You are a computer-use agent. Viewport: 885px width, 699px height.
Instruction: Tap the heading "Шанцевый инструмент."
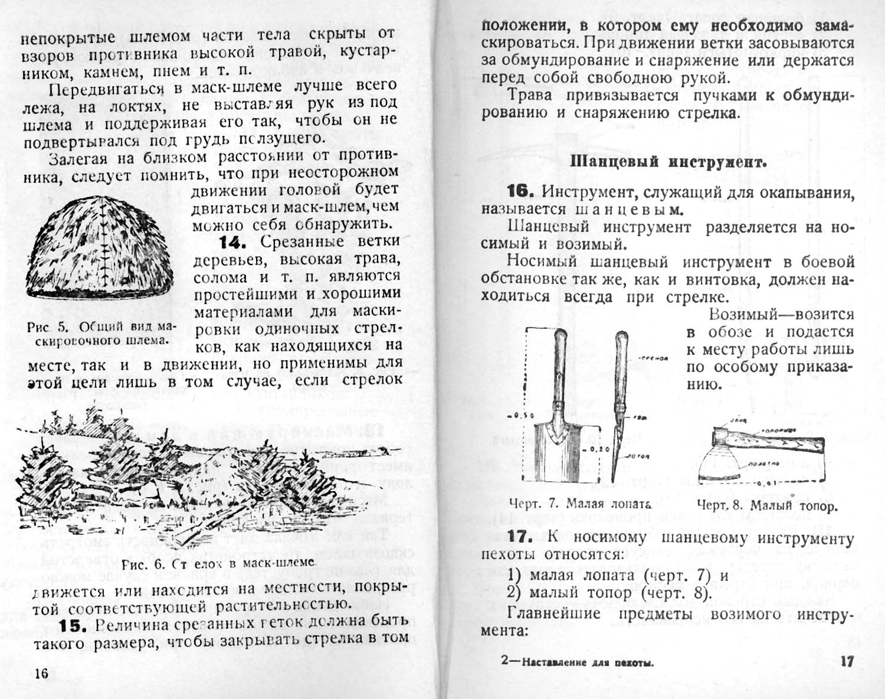coord(670,161)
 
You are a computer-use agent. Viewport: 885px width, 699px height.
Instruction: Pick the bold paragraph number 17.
coord(520,538)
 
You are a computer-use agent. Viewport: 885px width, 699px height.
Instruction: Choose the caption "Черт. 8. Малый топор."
coord(767,506)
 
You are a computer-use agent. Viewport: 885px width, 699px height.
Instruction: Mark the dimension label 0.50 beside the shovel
coord(522,416)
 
